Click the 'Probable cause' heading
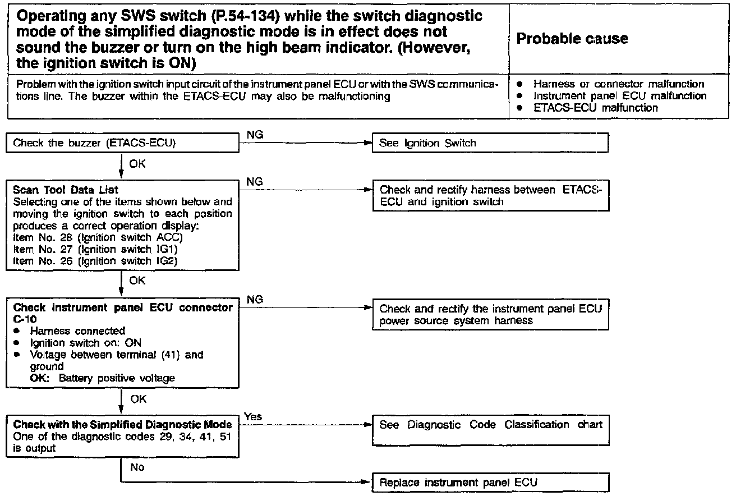pos(572,39)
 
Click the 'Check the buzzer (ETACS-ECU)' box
pos(122,143)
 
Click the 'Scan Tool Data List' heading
pos(66,190)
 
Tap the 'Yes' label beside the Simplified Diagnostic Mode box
pos(253,416)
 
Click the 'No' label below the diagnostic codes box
pos(137,467)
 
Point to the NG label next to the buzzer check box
pos(255,135)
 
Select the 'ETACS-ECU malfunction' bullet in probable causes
pos(596,108)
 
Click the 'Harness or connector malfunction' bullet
pos(619,84)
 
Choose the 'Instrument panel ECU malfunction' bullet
pos(620,96)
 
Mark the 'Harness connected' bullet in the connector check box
pos(77,331)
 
